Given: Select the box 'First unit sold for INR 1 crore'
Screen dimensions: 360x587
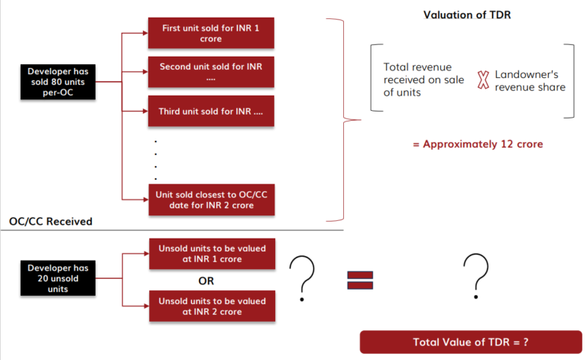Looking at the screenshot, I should click(x=210, y=34).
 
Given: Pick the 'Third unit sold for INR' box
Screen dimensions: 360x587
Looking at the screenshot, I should click(x=210, y=112).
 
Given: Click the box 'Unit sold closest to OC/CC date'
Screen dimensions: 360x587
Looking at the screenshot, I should click(x=210, y=199).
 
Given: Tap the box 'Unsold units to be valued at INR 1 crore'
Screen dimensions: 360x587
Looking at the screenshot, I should click(x=210, y=254).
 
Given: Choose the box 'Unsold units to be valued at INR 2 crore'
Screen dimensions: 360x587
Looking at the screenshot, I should click(x=210, y=306).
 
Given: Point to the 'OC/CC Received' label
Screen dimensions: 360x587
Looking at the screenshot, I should click(x=50, y=222).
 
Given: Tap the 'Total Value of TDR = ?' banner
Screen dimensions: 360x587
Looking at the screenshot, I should click(x=471, y=342).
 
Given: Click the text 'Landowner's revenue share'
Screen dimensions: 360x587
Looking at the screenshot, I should click(x=530, y=80).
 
